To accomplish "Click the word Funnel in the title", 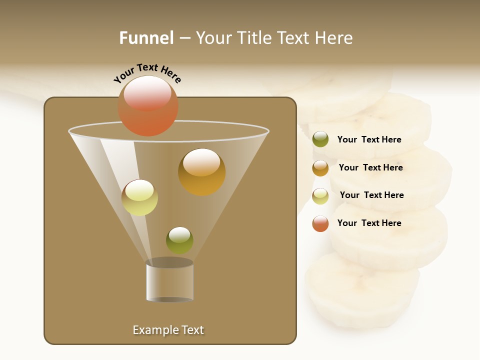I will [x=146, y=38].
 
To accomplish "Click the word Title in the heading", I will [x=256, y=38].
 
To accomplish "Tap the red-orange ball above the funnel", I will [x=148, y=106].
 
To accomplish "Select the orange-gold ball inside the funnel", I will [x=201, y=172].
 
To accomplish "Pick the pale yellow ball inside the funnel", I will [x=139, y=197].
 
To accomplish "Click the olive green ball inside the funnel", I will [x=179, y=240].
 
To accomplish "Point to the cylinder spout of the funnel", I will [x=169, y=281].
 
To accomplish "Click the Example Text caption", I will [x=168, y=330].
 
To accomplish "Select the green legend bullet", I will [x=320, y=139].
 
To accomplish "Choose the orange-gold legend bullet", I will [x=320, y=168].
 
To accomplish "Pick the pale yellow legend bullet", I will [x=320, y=196].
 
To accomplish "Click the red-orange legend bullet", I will [x=320, y=223].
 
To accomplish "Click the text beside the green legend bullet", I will [x=369, y=140].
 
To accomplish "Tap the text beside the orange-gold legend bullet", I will [x=370, y=168].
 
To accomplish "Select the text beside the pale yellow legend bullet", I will [x=371, y=195].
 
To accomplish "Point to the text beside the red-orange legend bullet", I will [x=369, y=223].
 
